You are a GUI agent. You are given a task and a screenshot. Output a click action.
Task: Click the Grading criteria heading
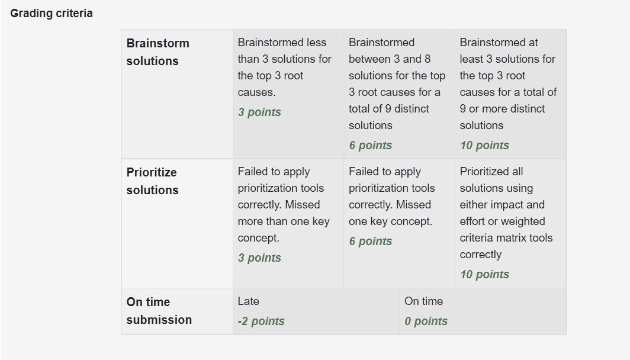pyautogui.click(x=52, y=13)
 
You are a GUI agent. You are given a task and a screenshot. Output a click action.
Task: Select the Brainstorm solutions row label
pyautogui.click(x=158, y=52)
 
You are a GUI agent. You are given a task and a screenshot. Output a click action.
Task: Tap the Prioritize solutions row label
pyautogui.click(x=152, y=181)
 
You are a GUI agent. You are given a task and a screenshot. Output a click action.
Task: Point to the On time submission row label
pyautogui.click(x=159, y=311)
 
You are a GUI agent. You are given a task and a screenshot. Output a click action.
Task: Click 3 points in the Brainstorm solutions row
pyautogui.click(x=259, y=112)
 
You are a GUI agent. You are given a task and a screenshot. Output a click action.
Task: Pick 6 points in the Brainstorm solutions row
pyautogui.click(x=370, y=145)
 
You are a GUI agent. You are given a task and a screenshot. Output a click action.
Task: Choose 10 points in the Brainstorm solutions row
pyautogui.click(x=484, y=145)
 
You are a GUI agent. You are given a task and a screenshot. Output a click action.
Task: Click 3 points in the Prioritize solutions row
pyautogui.click(x=259, y=258)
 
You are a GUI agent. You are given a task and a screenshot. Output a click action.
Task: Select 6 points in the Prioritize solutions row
pyautogui.click(x=370, y=241)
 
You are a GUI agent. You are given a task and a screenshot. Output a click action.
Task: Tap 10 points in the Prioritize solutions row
pyautogui.click(x=484, y=274)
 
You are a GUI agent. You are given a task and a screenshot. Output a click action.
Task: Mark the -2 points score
pyautogui.click(x=261, y=321)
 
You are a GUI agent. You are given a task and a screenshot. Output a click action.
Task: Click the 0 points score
pyautogui.click(x=426, y=321)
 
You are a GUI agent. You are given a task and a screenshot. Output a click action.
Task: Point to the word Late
pyautogui.click(x=248, y=301)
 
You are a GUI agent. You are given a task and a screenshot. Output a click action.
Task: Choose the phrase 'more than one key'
pyautogui.click(x=284, y=221)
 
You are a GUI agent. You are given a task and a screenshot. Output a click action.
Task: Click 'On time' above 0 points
pyautogui.click(x=423, y=301)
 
